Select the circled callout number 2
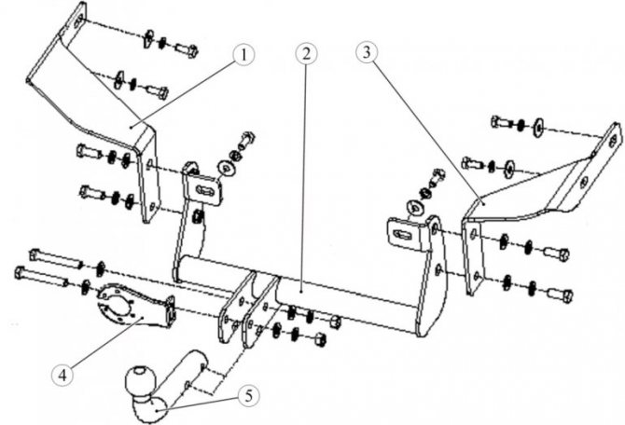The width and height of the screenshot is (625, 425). tap(306, 54)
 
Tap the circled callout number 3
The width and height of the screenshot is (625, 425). tap(367, 53)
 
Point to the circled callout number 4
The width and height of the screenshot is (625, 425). tap(62, 375)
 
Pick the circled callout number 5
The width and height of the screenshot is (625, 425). tap(248, 396)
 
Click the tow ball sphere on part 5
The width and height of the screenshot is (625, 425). tap(139, 379)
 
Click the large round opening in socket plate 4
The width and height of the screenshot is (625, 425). tap(118, 306)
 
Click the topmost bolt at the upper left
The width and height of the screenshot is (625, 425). tap(187, 50)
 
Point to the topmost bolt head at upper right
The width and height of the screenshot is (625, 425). tap(500, 121)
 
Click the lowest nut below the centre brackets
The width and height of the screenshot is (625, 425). tap(320, 340)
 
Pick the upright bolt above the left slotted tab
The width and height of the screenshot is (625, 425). tap(246, 140)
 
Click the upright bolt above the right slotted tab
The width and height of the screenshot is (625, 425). tap(437, 175)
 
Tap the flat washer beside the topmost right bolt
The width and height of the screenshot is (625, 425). tap(538, 128)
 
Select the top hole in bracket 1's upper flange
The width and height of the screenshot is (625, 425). tap(79, 19)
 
